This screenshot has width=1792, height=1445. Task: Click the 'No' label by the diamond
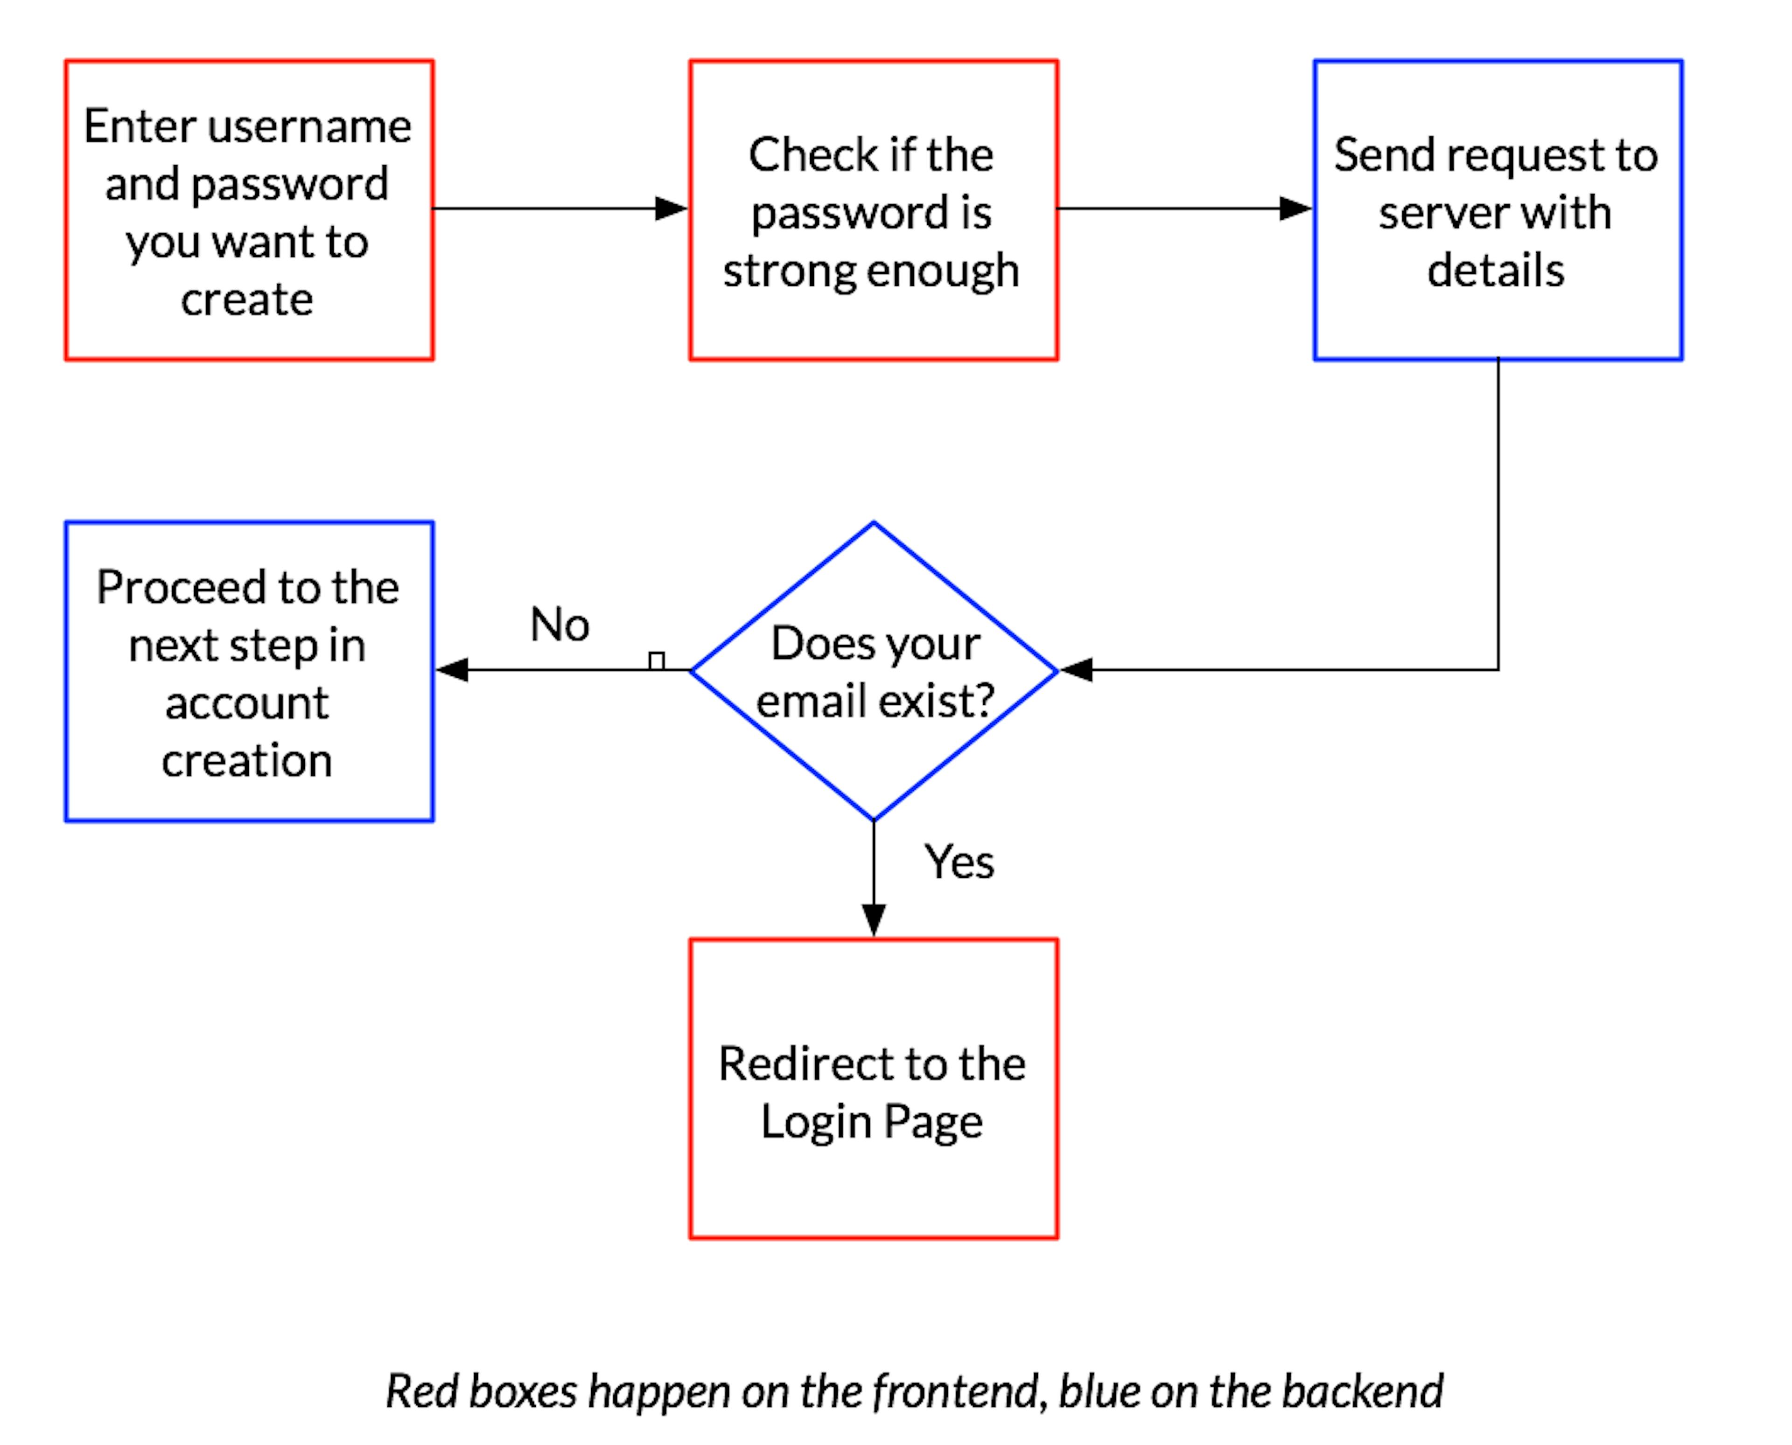(x=560, y=624)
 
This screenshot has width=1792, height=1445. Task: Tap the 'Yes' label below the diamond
(x=959, y=861)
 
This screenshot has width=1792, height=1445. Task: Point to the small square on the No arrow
(x=656, y=661)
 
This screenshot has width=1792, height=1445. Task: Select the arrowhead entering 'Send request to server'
(x=1296, y=208)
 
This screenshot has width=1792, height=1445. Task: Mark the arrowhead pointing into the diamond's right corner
(x=1076, y=669)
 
